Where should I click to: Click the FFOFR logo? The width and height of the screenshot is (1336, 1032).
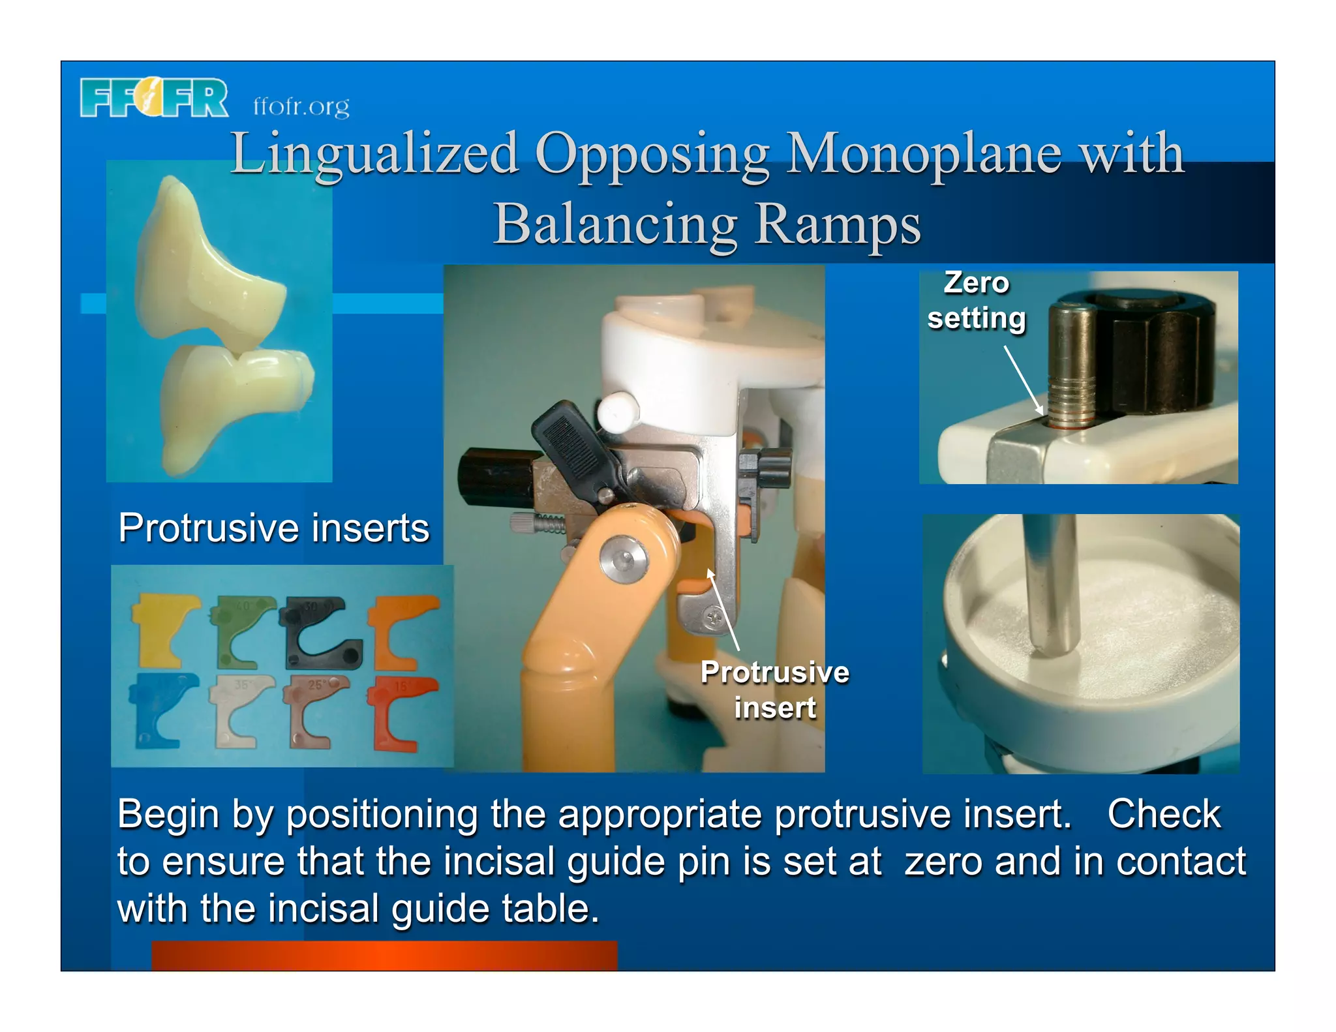(154, 98)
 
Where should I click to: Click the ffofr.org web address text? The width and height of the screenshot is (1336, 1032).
(301, 106)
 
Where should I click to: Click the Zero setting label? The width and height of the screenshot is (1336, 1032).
(976, 301)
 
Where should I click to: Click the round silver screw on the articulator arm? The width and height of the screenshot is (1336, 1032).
(624, 558)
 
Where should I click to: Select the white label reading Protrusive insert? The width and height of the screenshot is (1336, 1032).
(774, 690)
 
